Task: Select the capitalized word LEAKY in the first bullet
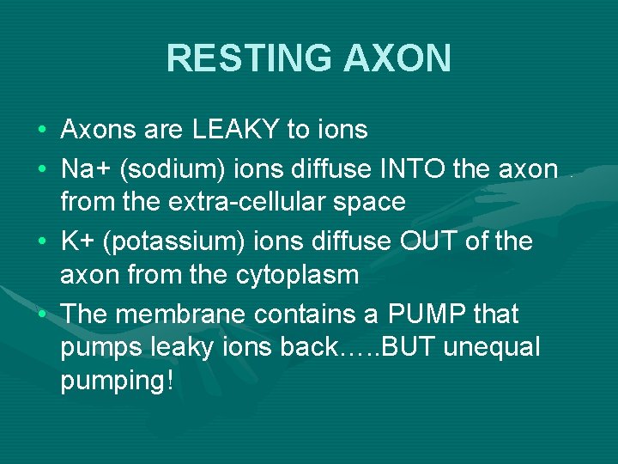[x=234, y=130]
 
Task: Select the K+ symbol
[x=79, y=241]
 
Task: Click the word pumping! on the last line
[x=118, y=381]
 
